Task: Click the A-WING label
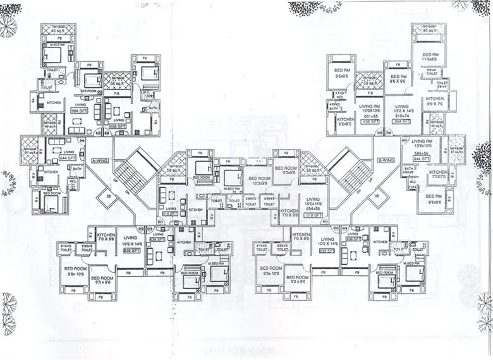coord(100,160)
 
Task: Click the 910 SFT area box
coord(313,215)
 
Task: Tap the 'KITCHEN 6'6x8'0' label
coord(344,122)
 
